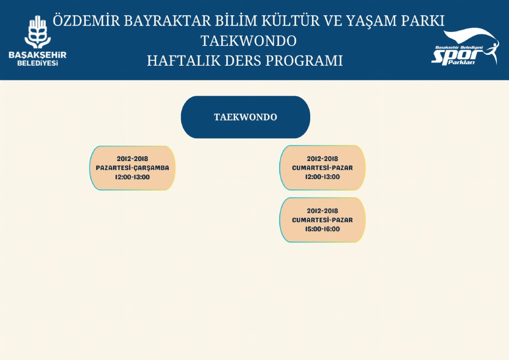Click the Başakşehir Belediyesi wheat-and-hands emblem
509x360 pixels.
point(38,32)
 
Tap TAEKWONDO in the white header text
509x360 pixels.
point(249,41)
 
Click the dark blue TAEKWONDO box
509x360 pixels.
point(246,117)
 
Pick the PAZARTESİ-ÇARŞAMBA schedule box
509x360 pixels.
point(133,168)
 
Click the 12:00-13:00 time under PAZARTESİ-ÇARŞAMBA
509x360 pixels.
point(133,177)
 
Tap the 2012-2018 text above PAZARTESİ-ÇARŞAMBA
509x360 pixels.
point(133,159)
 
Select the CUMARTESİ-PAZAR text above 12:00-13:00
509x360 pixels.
point(322,168)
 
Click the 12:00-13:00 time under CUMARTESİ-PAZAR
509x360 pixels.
point(322,177)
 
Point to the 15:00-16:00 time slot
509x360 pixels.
point(322,229)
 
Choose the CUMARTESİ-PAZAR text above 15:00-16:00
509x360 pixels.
point(322,220)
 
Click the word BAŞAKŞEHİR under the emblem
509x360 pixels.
point(38,55)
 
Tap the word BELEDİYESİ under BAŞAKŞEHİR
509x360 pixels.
point(38,63)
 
